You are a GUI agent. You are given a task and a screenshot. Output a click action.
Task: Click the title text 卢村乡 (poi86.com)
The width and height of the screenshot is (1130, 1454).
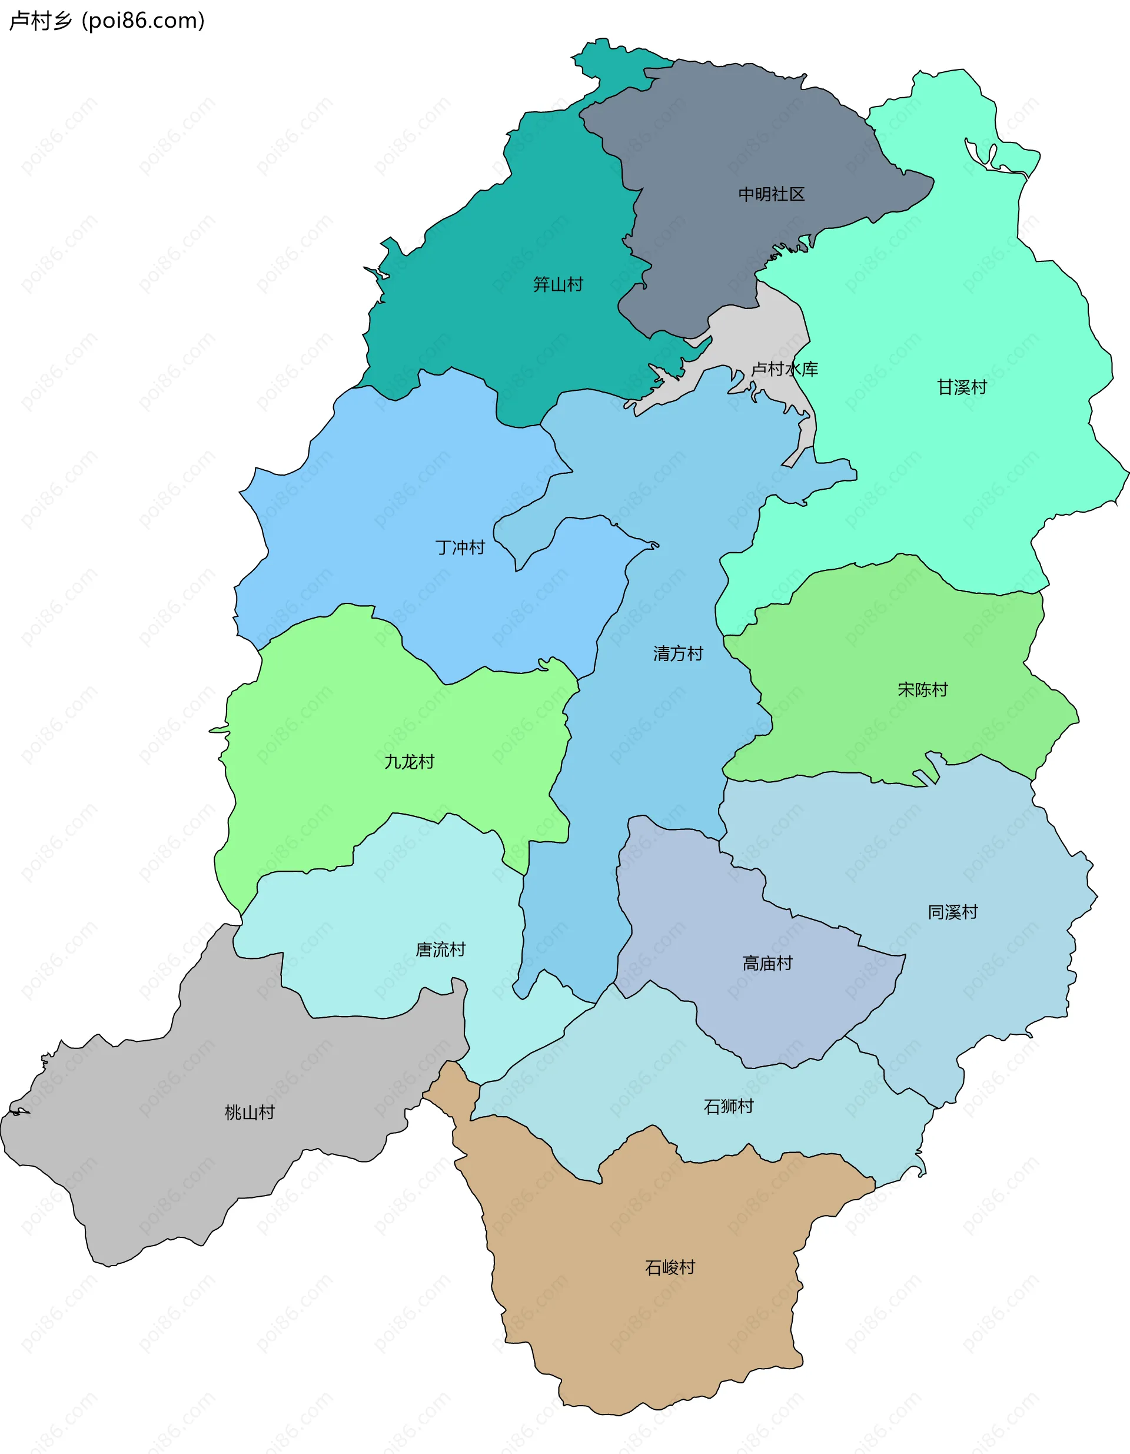[107, 21]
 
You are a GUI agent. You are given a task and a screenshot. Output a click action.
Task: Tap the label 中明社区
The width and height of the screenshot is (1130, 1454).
[772, 194]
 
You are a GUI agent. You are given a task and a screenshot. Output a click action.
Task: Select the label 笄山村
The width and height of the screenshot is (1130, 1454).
[558, 285]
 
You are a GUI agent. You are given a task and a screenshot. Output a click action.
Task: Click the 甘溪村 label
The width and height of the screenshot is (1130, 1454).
[962, 387]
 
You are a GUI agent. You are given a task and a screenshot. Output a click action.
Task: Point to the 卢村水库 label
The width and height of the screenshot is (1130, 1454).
[784, 370]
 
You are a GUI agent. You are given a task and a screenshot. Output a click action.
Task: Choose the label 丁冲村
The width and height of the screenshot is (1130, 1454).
[460, 548]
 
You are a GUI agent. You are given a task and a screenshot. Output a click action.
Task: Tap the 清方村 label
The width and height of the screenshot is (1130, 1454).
[677, 654]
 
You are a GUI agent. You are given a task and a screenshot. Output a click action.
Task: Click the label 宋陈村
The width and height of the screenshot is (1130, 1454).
[922, 690]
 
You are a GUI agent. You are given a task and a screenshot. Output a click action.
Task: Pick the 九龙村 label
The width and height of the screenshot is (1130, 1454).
[408, 762]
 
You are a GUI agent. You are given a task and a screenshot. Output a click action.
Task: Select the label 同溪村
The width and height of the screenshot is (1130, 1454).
[953, 912]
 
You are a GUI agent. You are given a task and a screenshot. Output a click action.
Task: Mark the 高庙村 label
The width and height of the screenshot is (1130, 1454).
[767, 963]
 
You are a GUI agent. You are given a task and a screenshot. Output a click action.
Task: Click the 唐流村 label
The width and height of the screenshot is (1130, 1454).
[440, 950]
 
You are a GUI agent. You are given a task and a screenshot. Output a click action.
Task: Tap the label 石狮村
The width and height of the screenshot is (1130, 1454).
[729, 1107]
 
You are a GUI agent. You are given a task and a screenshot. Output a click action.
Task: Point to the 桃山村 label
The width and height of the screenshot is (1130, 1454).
[250, 1113]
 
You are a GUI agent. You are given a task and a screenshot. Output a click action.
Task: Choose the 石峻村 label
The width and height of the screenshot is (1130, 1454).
[670, 1267]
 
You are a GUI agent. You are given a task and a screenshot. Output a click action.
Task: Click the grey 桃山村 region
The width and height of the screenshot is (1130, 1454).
[167, 1165]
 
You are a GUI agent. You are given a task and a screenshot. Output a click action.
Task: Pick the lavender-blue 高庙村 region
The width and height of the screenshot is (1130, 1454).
[699, 919]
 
